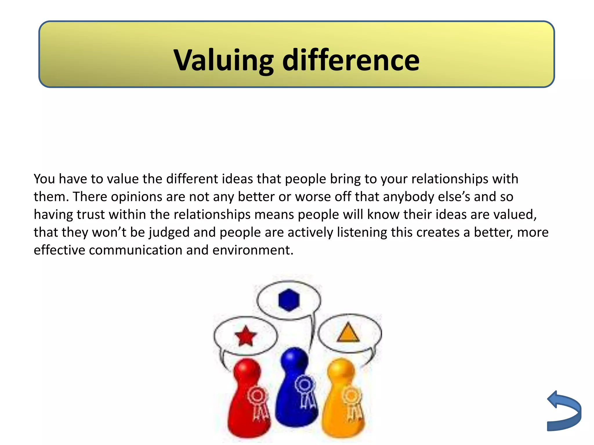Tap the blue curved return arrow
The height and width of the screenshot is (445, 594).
564,411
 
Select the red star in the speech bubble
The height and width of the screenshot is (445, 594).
246,336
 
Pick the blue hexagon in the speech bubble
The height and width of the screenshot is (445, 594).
289,300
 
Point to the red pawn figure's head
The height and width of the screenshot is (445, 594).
247,371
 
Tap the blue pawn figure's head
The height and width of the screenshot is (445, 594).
294,359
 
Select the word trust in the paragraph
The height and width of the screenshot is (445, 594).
91,215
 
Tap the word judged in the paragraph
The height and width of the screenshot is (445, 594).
169,233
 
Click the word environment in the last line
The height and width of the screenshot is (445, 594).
253,250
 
